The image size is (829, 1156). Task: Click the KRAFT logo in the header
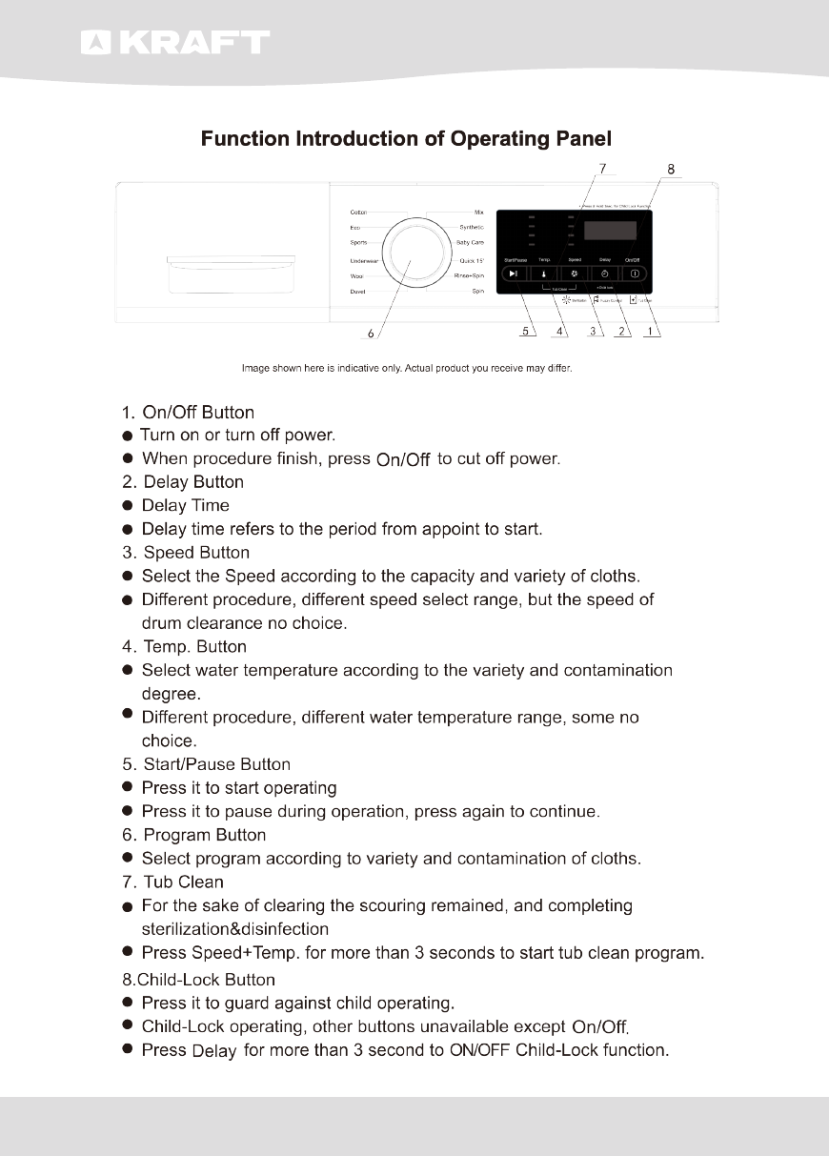175,43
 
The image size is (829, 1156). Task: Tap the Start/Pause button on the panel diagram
514,274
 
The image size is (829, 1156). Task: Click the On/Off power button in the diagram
635,274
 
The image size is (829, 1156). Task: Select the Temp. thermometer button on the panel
544,274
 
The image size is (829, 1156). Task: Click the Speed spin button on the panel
575,274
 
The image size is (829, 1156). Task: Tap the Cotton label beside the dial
359,212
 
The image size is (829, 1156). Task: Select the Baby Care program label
470,243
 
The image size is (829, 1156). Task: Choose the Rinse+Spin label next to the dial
469,275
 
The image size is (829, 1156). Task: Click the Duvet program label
358,292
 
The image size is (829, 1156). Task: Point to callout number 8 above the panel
671,170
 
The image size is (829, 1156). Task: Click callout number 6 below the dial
371,333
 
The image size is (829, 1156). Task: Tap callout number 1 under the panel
651,332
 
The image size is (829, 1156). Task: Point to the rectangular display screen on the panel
610,231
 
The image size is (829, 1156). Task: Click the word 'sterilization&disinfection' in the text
234,928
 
